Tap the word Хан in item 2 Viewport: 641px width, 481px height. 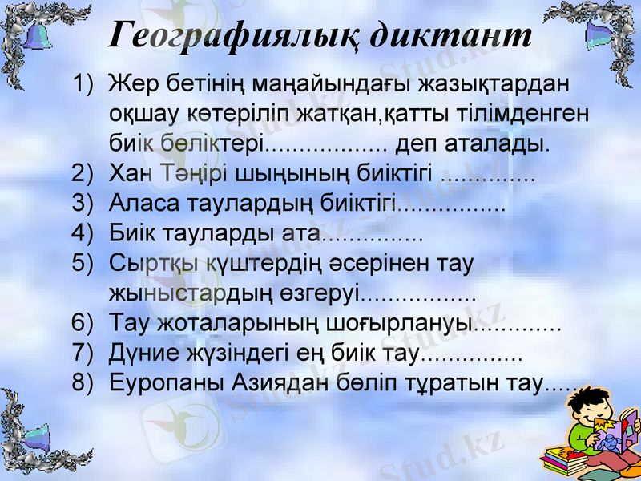point(131,174)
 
